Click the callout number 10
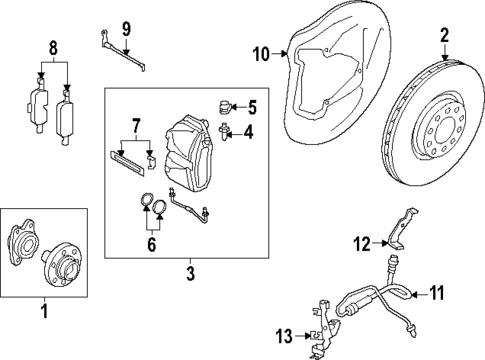[x=261, y=54]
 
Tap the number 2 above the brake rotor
[x=445, y=35]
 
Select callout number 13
[x=284, y=336]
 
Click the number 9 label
[x=126, y=29]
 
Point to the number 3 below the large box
[x=190, y=274]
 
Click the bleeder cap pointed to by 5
[x=224, y=107]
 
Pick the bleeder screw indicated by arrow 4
[x=224, y=131]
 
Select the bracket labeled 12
[x=401, y=229]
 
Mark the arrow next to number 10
[x=279, y=53]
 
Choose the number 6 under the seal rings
[x=152, y=245]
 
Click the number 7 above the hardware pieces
[x=136, y=125]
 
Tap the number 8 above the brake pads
[x=53, y=48]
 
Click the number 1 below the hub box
[x=44, y=311]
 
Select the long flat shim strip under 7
[x=127, y=163]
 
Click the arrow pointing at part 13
[x=302, y=336]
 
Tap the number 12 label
[x=362, y=244]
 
